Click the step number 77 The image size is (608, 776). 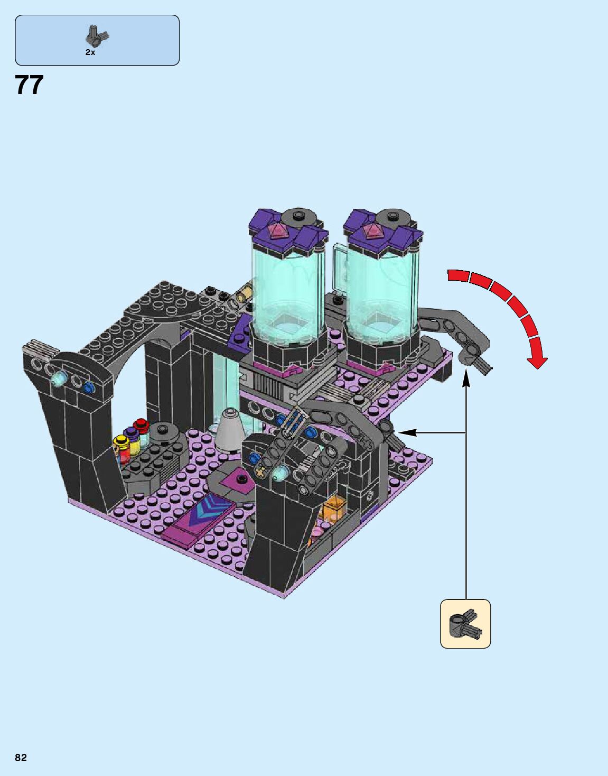click(29, 85)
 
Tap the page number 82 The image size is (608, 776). click(21, 757)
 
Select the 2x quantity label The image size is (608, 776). click(90, 52)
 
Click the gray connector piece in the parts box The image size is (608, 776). click(97, 36)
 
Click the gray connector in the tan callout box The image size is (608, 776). click(465, 623)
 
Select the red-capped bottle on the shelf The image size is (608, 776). click(141, 431)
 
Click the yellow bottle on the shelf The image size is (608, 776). click(121, 449)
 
